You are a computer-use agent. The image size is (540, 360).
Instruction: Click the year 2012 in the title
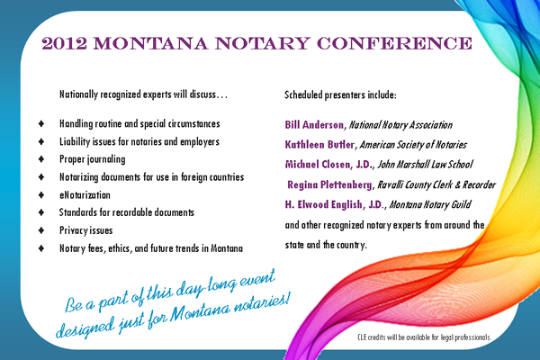tap(65, 44)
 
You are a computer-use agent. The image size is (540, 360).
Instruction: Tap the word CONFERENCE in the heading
tap(394, 44)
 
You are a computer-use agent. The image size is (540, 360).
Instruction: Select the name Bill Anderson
tap(314, 125)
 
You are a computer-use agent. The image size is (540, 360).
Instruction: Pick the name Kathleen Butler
tap(319, 144)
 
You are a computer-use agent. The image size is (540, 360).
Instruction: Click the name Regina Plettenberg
tap(329, 185)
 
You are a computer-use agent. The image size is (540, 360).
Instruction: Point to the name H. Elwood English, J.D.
tap(334, 204)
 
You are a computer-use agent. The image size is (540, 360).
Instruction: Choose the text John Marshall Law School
tap(426, 165)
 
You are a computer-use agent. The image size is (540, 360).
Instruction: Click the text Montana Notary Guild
tap(430, 204)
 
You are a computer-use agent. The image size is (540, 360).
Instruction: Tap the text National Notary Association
tap(400, 125)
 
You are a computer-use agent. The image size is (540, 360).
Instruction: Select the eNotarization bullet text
tap(85, 195)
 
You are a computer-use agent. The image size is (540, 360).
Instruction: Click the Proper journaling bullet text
tap(93, 159)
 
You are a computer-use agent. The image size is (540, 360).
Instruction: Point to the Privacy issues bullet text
tap(85, 230)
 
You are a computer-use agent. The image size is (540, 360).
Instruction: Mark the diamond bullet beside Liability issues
tap(41, 141)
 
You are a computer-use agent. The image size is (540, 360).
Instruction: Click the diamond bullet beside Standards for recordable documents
tap(41, 212)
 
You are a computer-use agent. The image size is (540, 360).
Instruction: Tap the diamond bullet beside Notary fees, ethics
tap(41, 248)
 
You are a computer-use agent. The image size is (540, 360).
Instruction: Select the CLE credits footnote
tap(424, 337)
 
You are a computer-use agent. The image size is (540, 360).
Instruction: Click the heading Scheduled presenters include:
tap(340, 94)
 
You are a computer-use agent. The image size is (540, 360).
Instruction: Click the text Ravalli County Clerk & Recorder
tap(436, 185)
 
